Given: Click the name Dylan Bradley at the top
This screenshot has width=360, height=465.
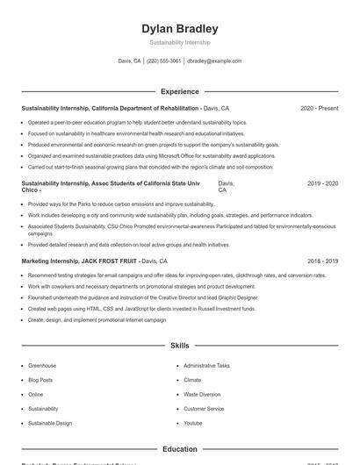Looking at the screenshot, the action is [180, 29].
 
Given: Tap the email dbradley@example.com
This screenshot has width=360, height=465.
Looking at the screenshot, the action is [214, 61].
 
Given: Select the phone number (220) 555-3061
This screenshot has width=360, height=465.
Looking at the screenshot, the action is [164, 61].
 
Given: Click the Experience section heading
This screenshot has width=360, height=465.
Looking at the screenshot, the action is [180, 91].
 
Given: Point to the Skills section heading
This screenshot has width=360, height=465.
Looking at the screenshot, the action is [180, 346].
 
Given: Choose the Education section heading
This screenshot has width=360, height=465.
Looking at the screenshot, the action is [180, 449].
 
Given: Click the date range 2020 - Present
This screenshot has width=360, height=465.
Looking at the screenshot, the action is [319, 108].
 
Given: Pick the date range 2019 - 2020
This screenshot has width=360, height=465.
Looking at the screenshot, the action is [322, 183].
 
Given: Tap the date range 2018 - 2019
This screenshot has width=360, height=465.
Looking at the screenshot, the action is [322, 261].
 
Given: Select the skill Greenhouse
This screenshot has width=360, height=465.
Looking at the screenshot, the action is [42, 365].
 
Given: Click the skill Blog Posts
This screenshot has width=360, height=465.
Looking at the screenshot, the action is [40, 380].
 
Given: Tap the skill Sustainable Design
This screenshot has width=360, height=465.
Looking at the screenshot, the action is [50, 423].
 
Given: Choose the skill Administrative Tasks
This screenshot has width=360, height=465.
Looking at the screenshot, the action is [206, 365].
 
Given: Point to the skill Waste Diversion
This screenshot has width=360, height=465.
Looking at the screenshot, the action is [202, 394].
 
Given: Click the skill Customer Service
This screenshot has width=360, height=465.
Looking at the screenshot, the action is [204, 409].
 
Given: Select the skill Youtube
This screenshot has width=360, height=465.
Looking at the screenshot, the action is [192, 423].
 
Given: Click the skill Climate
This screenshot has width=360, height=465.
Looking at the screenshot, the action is [192, 380].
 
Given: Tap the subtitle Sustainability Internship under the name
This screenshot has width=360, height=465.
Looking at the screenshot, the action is [180, 43].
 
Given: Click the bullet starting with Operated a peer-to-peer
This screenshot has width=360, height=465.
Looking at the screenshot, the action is [138, 123].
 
